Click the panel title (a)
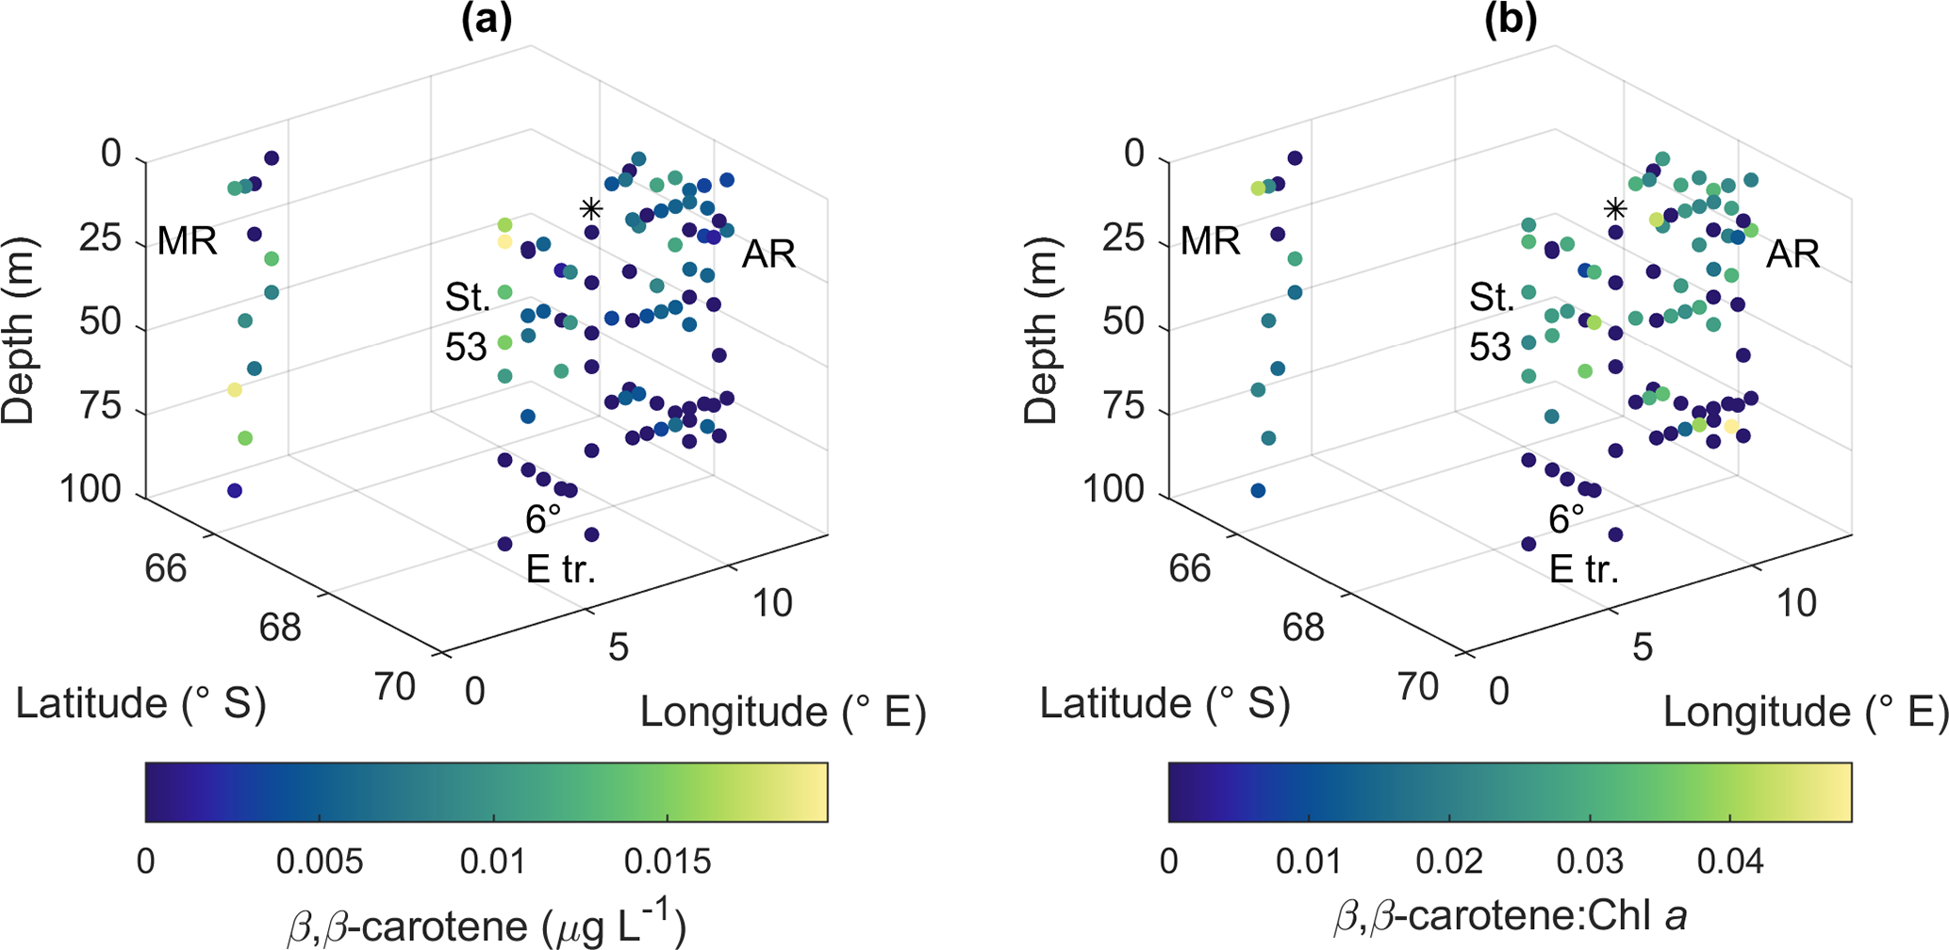tap(487, 21)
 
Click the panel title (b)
tap(1511, 21)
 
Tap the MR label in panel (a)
tap(187, 241)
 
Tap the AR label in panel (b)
tap(1792, 254)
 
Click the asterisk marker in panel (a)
tap(591, 208)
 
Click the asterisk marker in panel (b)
tap(1615, 208)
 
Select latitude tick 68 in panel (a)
tap(280, 627)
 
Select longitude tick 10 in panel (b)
tap(1796, 603)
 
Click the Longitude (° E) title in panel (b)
tap(1805, 712)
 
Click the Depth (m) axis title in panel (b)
tap(1041, 330)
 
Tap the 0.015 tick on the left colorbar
tap(668, 861)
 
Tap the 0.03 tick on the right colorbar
tap(1590, 861)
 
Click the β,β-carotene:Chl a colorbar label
tap(1510, 916)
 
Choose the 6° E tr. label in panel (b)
tap(1584, 544)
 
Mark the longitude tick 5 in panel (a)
tap(618, 647)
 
